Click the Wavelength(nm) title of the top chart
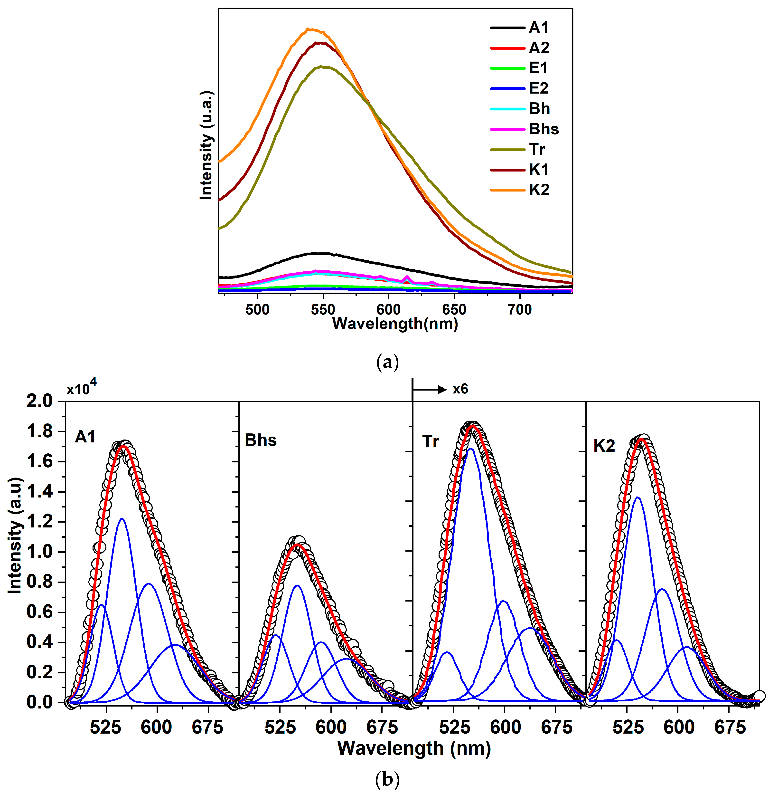[395, 324]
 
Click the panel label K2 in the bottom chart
[604, 446]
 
